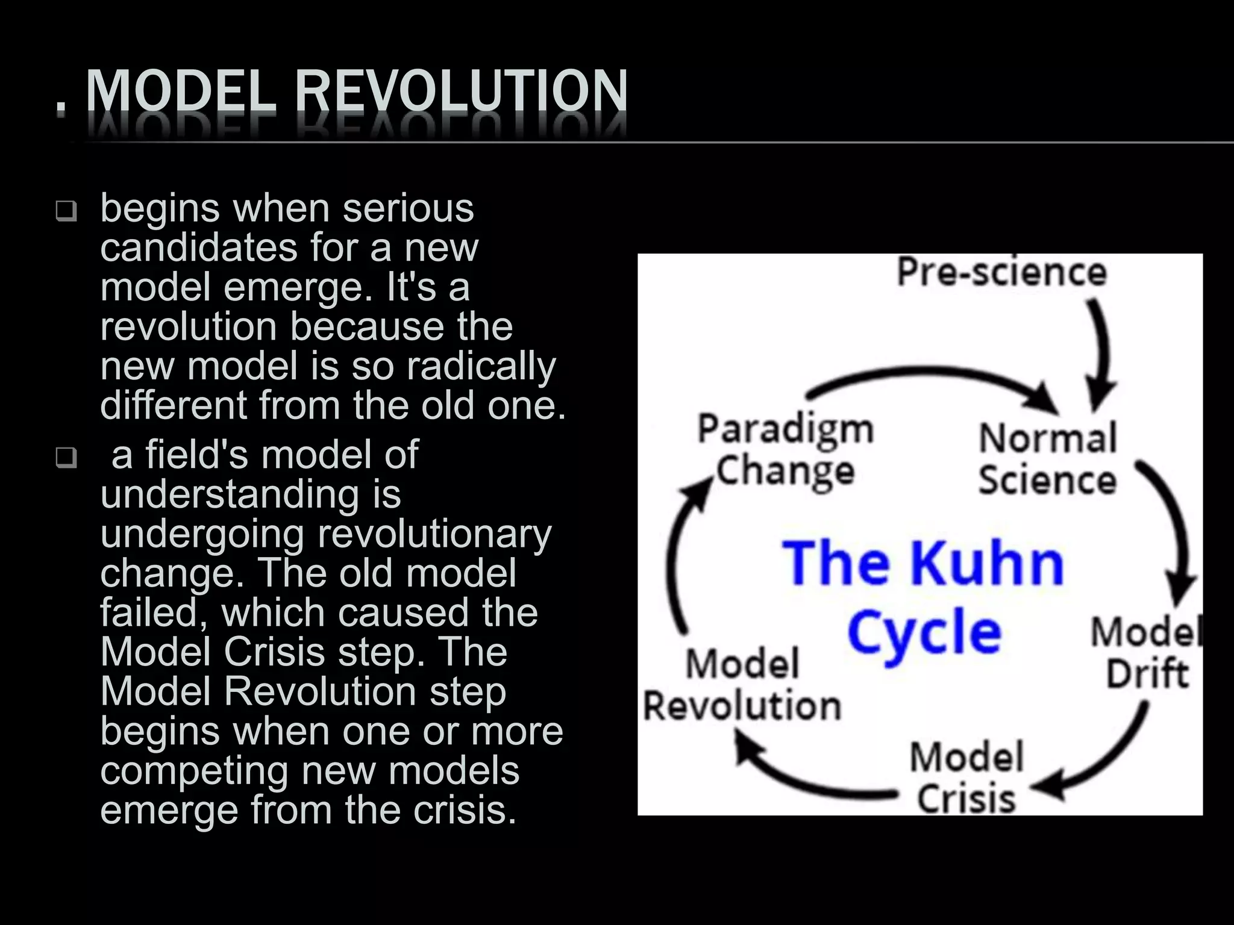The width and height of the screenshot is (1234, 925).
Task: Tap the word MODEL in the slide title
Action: point(181,92)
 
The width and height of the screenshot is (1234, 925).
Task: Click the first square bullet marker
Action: point(66,211)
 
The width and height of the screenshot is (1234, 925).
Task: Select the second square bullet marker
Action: point(66,458)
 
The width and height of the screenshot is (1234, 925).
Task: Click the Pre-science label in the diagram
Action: point(1002,272)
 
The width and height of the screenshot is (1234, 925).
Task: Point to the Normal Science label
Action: point(1048,459)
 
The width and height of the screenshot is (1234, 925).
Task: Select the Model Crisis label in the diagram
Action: point(966,777)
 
